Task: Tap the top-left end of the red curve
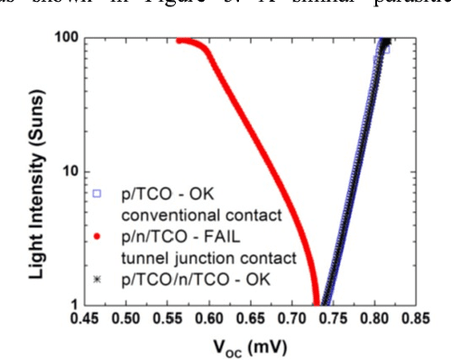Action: point(179,41)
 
